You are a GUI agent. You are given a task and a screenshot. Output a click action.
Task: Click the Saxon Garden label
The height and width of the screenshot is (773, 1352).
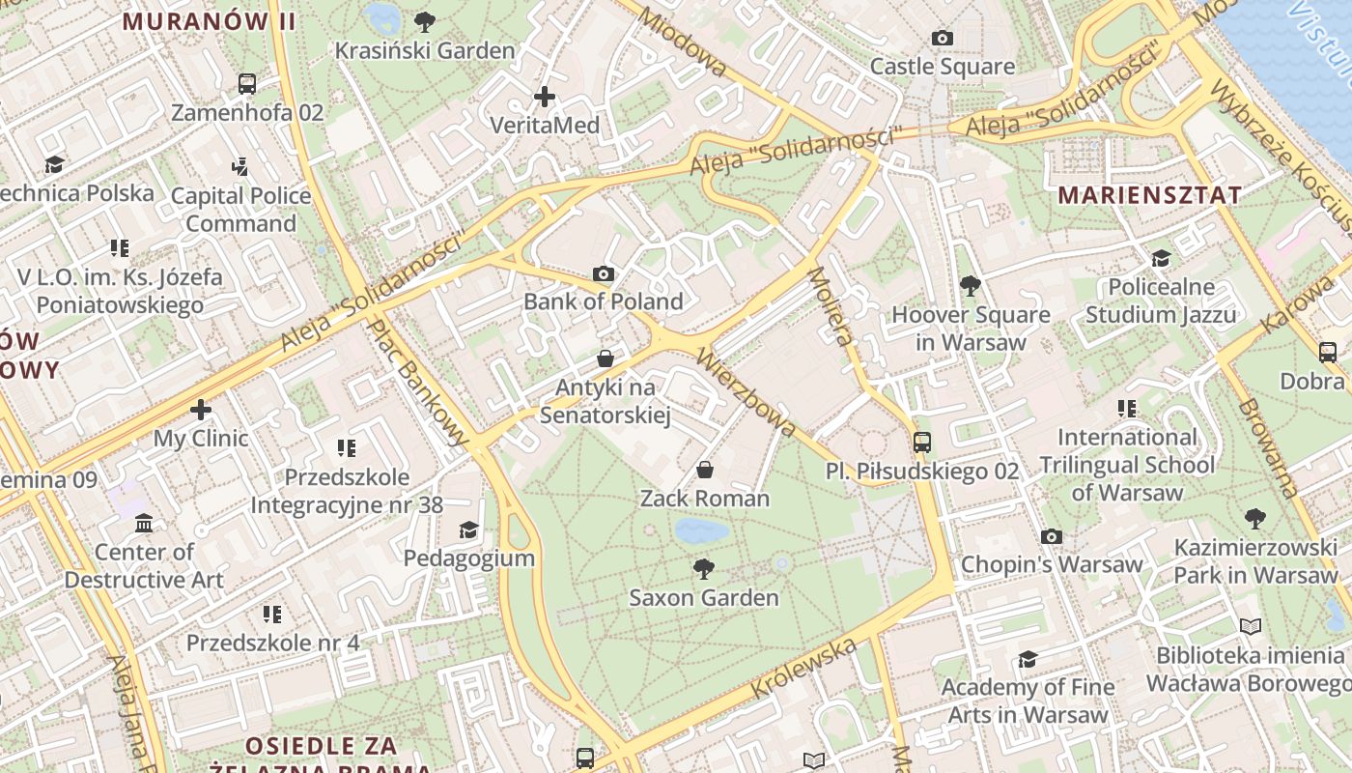point(704,598)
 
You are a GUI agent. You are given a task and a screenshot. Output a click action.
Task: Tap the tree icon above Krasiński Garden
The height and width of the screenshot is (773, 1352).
point(424,21)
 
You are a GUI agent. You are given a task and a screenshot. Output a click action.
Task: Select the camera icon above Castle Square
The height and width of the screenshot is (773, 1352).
point(942,39)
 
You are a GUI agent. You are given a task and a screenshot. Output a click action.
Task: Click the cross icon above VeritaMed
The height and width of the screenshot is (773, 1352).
point(545,97)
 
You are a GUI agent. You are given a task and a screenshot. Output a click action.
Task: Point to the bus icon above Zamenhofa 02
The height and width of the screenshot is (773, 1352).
point(247,84)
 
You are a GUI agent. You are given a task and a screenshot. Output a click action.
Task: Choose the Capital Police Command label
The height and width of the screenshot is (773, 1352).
point(241,210)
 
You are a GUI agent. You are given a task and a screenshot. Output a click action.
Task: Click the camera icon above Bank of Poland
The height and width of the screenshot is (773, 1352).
point(604,274)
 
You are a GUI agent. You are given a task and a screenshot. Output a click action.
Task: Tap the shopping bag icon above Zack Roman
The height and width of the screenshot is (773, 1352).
point(705,471)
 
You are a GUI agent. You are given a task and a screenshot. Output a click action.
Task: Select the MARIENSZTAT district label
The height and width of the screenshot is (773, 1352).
point(1149,194)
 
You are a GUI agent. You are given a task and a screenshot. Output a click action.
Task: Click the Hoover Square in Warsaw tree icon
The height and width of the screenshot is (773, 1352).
point(971,286)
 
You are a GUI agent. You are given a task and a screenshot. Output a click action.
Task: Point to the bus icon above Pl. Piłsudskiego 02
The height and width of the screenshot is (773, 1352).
point(922,443)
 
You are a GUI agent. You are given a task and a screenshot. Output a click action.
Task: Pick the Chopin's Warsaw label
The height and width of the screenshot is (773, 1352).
point(1052,564)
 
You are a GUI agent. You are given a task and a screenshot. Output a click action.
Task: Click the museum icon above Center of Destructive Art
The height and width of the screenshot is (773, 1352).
point(144,524)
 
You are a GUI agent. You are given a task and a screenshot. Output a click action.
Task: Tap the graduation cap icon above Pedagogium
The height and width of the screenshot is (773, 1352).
point(468,530)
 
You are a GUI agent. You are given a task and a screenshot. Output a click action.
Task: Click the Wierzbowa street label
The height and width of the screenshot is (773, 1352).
point(746,392)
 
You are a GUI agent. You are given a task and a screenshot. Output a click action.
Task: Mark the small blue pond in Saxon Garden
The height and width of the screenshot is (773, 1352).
point(702,530)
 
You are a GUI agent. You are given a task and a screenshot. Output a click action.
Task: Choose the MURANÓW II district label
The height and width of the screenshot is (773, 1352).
point(209,20)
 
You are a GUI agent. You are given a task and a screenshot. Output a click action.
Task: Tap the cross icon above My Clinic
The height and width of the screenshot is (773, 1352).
point(201,410)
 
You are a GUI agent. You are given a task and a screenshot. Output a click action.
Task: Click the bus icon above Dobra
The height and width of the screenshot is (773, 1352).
point(1328,353)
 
